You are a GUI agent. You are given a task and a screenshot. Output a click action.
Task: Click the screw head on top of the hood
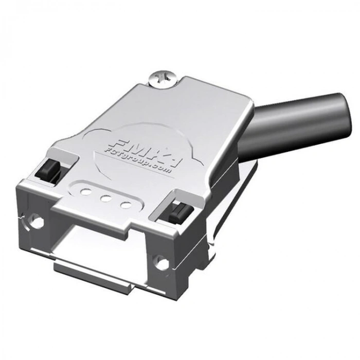164,79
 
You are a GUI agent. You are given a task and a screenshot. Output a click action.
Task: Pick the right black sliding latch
181,211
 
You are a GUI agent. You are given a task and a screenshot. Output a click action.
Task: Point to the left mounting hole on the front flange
36,222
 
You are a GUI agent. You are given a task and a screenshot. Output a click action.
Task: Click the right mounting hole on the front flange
161,264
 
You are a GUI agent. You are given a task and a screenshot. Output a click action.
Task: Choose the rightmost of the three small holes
125,205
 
